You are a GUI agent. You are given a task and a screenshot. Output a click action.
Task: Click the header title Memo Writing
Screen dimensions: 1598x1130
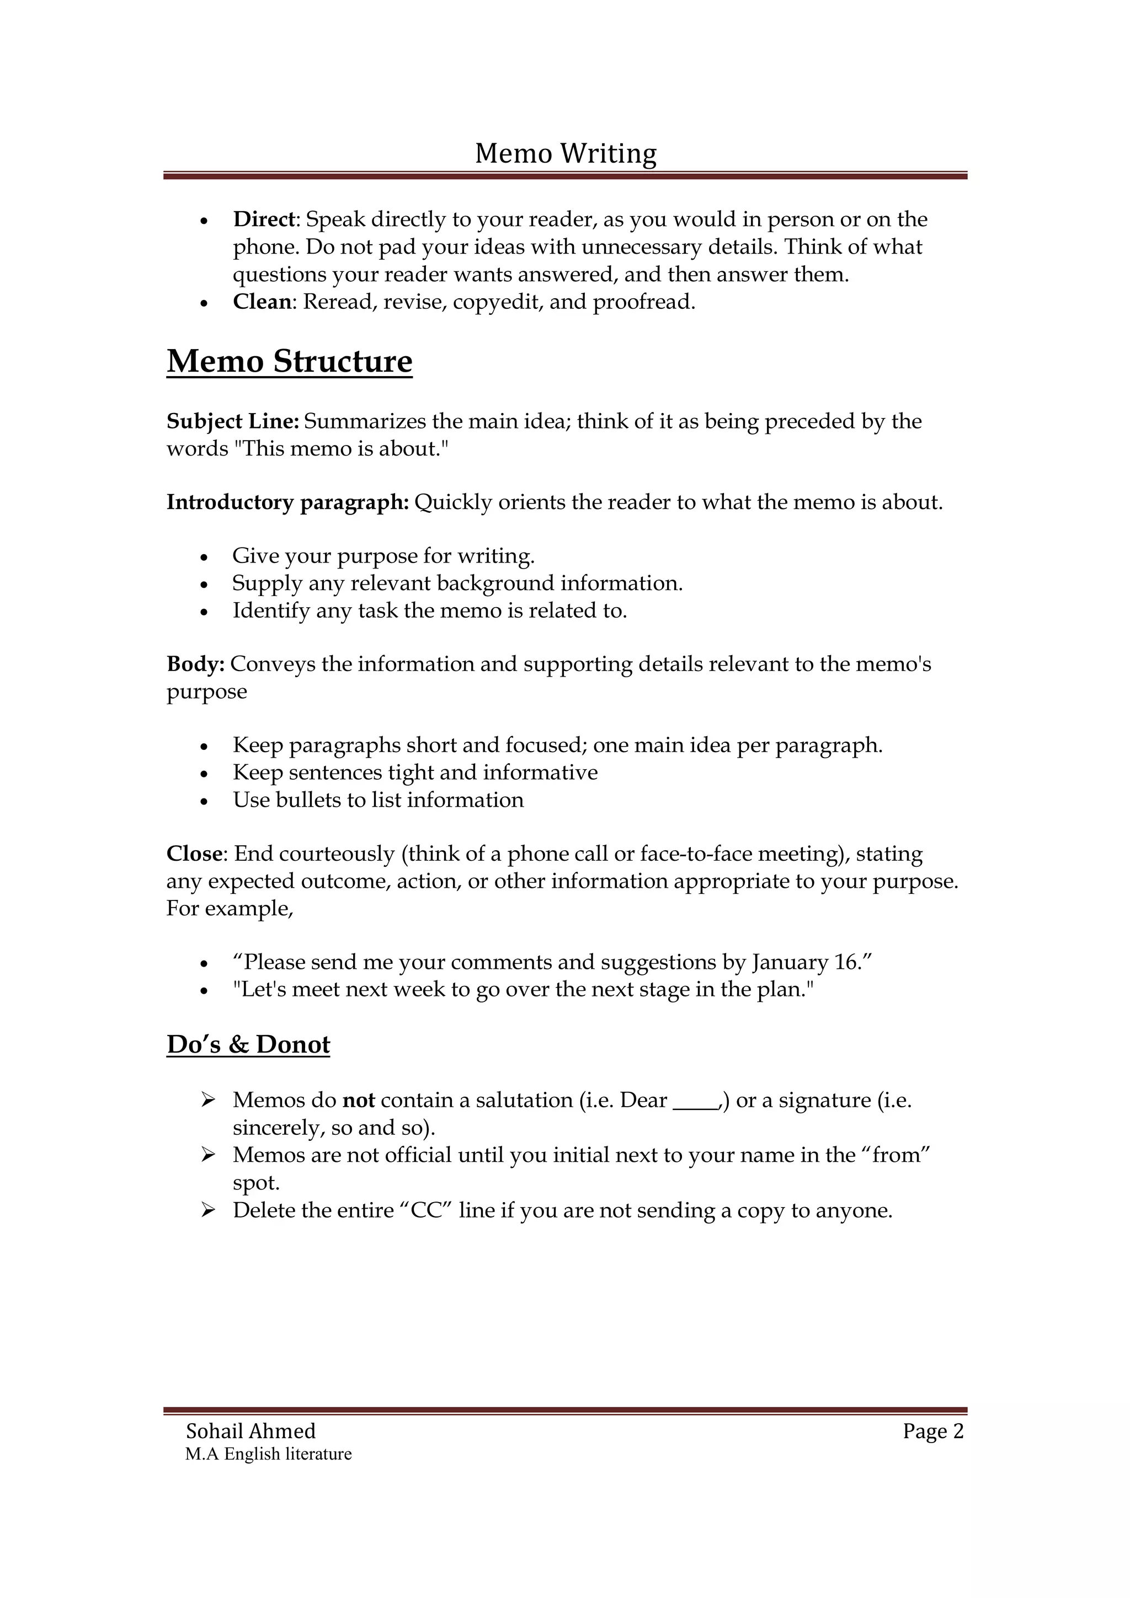point(566,153)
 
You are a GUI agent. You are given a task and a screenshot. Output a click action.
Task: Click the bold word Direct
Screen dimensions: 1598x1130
point(265,219)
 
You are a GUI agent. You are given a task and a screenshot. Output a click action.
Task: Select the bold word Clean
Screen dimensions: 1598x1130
point(262,302)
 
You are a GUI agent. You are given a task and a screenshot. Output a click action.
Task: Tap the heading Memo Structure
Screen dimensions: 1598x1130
point(289,361)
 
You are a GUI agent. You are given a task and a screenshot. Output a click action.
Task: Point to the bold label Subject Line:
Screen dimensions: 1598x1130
point(232,421)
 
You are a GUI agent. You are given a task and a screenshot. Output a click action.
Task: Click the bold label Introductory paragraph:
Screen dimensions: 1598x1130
point(287,502)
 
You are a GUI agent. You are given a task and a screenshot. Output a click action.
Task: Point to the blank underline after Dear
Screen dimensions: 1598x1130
point(696,1104)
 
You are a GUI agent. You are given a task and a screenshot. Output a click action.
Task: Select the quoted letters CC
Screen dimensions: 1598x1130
point(427,1210)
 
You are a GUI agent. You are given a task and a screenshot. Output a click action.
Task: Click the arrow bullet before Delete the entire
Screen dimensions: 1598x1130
point(207,1210)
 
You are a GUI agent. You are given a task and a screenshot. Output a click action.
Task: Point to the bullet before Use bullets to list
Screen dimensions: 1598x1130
point(204,801)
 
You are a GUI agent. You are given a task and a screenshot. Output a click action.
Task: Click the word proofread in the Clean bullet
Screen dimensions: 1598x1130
point(643,302)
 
